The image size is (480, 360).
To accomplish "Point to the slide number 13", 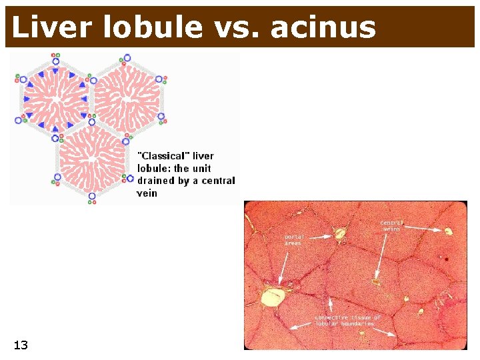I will [x=21, y=345].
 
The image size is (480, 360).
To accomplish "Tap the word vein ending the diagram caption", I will [x=147, y=193].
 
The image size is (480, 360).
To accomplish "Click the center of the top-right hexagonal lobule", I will [x=127, y=99].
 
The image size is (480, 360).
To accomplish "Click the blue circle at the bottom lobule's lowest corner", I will [x=92, y=196].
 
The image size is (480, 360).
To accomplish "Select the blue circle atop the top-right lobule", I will [x=127, y=58].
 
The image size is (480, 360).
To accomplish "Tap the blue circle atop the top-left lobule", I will [x=55, y=58].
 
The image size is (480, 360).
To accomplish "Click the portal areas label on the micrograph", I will [x=293, y=239].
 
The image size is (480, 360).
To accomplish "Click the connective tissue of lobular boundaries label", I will [x=348, y=321].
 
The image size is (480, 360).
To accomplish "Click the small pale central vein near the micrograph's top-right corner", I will [x=448, y=231].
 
